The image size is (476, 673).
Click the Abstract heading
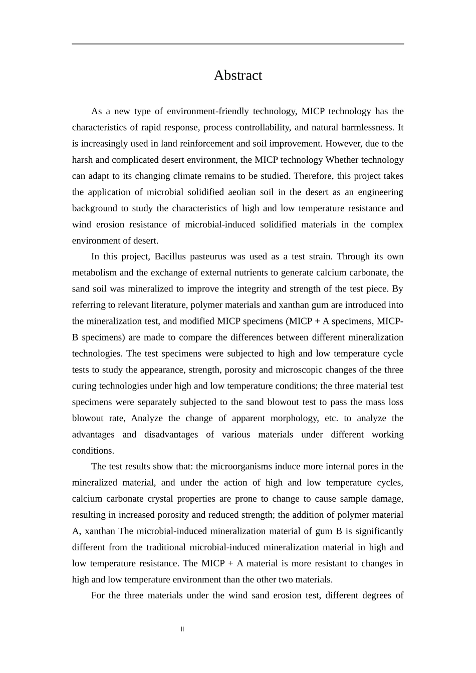pos(237,76)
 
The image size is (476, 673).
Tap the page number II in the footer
pos(182,629)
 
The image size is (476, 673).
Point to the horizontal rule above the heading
pos(237,44)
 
